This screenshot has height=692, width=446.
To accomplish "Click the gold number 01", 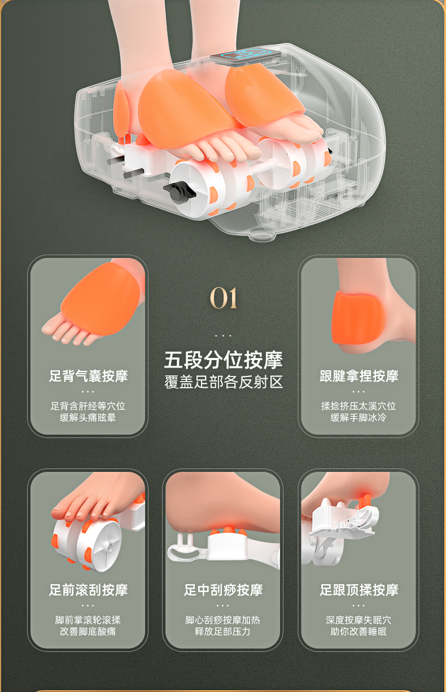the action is [x=224, y=297].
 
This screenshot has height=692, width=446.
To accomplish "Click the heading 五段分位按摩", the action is [x=223, y=360].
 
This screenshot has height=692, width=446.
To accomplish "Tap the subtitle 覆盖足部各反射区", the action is [x=223, y=382].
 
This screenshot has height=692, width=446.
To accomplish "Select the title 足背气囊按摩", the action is [x=88, y=376].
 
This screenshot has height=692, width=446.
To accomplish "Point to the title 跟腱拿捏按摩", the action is [x=359, y=376].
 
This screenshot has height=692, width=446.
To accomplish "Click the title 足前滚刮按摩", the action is [x=88, y=590].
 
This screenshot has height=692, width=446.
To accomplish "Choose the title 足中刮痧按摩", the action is [x=223, y=590].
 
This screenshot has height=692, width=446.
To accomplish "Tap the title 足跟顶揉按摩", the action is [x=359, y=590].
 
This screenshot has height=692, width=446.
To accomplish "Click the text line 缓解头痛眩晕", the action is [x=88, y=418].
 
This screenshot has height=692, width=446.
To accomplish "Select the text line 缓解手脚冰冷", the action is [x=358, y=418].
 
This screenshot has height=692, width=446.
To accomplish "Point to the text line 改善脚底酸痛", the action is [x=88, y=632].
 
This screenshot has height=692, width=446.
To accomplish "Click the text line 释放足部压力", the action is [x=222, y=632].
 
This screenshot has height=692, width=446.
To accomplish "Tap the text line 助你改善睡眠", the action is [x=358, y=632].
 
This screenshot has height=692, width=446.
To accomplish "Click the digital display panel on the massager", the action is [x=246, y=56].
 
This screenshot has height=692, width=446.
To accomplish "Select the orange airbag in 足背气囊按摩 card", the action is [x=100, y=299].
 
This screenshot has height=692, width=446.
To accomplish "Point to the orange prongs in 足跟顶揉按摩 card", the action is [x=365, y=501].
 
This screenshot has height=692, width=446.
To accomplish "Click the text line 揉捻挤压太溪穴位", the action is [x=358, y=406].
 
